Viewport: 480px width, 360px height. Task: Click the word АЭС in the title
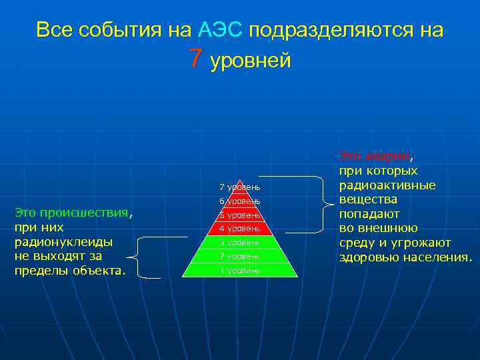(x=222, y=30)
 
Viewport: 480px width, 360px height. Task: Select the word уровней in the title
(x=251, y=61)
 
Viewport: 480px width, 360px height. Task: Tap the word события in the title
(x=135, y=31)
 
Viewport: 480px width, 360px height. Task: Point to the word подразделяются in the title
(x=335, y=31)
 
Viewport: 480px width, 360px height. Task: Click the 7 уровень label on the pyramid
(x=239, y=185)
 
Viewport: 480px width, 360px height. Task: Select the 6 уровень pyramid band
(x=239, y=201)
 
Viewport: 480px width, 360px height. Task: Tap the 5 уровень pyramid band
(x=239, y=215)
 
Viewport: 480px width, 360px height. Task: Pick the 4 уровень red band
(x=239, y=229)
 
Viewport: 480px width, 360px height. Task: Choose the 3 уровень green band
(x=239, y=243)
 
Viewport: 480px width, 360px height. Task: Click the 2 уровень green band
(x=239, y=257)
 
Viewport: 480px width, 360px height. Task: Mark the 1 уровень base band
(x=239, y=271)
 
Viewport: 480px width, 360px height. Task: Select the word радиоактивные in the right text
(x=387, y=185)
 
